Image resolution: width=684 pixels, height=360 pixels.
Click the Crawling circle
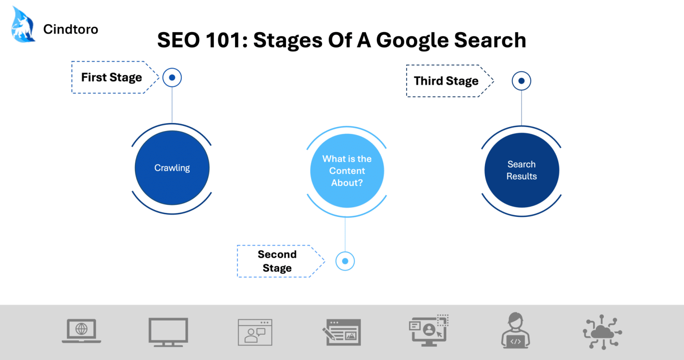(x=172, y=168)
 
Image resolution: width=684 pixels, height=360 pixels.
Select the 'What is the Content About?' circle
(x=347, y=171)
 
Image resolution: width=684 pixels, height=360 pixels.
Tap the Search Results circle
(x=521, y=170)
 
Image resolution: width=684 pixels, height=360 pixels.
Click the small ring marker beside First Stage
(x=172, y=78)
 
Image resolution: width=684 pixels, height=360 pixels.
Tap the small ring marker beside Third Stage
(x=521, y=81)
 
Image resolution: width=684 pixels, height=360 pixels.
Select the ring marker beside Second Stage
(x=345, y=261)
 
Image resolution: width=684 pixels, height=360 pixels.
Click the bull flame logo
(x=23, y=25)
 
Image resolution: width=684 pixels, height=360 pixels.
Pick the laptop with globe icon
(x=81, y=331)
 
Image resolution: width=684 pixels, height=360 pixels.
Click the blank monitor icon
(x=168, y=332)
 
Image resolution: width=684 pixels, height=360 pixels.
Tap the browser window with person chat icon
(x=255, y=332)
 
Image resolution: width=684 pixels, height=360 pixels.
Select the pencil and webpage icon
(x=342, y=332)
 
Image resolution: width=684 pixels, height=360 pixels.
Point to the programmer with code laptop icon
(x=516, y=331)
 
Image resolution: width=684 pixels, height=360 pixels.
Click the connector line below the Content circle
(x=345, y=234)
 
